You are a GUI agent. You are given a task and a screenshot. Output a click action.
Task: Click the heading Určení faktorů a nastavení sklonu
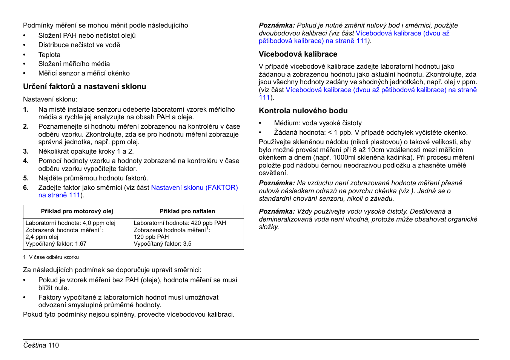pos(84,86)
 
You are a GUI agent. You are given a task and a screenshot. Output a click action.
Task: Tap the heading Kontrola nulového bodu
pos(303,111)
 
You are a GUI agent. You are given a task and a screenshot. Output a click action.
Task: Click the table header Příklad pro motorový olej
pos(77,211)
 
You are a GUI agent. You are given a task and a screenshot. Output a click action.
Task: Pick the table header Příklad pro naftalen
pos(187,211)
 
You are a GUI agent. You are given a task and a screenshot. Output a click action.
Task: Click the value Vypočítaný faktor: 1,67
pos(56,244)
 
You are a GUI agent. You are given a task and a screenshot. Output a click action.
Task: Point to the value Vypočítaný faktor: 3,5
pos(163,244)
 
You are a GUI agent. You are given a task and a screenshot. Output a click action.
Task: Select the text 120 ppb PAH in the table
pos(151,237)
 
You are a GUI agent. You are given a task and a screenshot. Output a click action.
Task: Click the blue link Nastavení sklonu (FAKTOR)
pos(194,188)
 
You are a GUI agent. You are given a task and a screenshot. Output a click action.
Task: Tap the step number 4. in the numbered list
pos(26,161)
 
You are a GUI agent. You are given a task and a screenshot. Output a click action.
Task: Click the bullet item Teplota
pos(49,55)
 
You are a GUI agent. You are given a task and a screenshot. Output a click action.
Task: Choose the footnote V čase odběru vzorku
pos(54,257)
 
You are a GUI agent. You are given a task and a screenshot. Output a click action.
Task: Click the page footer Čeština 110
pos(41,345)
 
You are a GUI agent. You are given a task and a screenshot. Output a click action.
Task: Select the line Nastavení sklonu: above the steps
pos(50,99)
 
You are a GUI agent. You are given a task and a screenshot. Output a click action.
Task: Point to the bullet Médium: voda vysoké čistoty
pos(318,123)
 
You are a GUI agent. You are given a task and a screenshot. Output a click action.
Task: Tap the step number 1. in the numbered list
pos(26,109)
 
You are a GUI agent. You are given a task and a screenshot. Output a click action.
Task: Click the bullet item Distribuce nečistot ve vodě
pos(79,45)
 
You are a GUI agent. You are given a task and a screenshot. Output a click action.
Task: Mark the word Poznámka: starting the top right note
pos(277,25)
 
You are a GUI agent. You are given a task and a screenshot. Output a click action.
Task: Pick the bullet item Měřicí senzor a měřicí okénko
pos(84,73)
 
